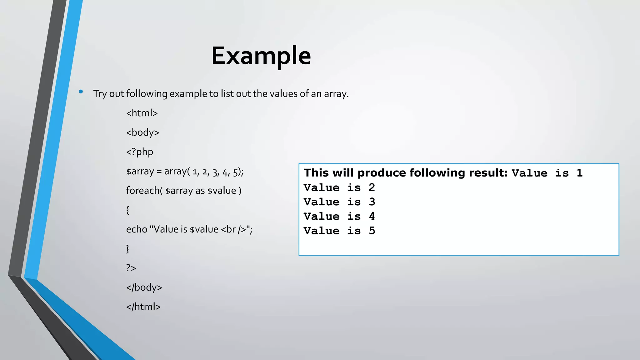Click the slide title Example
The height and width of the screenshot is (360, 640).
261,56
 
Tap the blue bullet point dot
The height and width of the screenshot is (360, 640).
81,92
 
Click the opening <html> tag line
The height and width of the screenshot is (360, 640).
142,113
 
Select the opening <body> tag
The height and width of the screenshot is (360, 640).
142,132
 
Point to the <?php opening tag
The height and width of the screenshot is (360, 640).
140,152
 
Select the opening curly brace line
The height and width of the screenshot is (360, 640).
128,210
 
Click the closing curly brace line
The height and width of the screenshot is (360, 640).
128,249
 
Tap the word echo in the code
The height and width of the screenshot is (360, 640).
137,229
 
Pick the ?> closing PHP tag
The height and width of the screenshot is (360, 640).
131,268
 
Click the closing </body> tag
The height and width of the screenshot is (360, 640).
144,287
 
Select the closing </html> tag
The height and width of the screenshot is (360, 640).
143,307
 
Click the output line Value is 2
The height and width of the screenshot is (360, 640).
339,187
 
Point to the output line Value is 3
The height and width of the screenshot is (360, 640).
339,202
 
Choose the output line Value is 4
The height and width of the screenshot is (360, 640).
339,216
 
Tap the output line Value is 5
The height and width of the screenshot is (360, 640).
339,231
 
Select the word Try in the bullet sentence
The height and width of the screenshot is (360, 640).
100,94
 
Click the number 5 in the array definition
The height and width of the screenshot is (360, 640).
235,172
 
